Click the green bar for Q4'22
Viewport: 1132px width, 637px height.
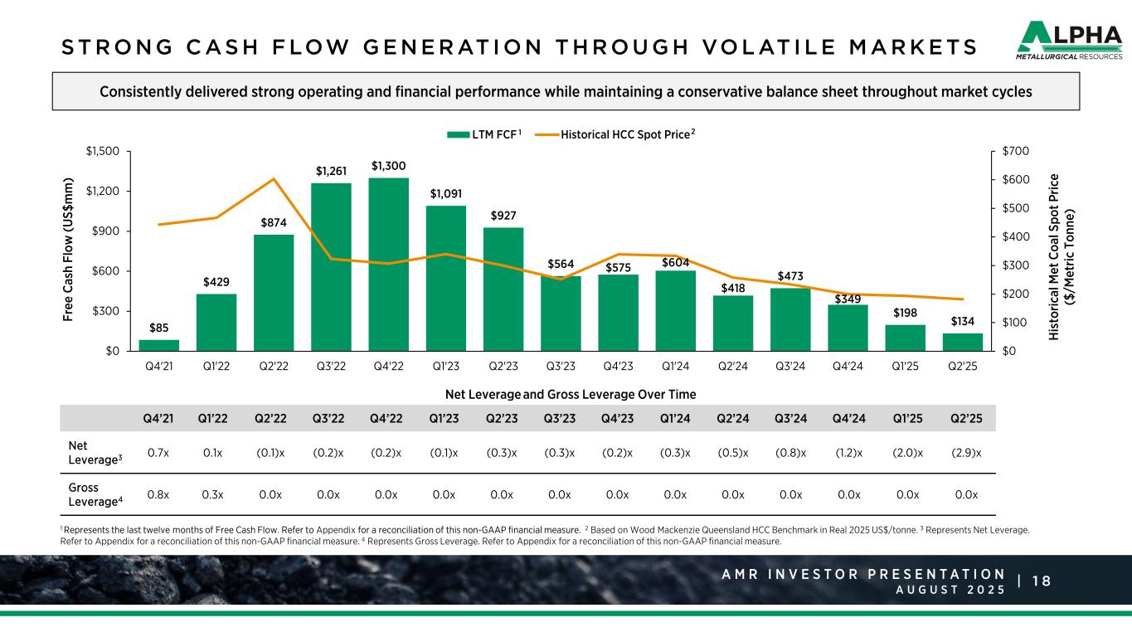click(389, 264)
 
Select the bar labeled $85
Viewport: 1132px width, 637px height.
click(158, 345)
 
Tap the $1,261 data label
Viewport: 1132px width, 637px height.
click(332, 171)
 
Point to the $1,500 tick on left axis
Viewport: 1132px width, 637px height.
click(103, 151)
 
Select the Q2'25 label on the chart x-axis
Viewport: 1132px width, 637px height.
click(963, 367)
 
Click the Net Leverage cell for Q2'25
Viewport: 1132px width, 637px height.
click(963, 452)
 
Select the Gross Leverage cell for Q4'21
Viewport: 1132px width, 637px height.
click(158, 495)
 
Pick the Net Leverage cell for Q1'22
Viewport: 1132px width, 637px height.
click(216, 452)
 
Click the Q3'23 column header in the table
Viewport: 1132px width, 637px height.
click(561, 419)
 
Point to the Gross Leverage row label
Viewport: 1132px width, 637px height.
click(91, 495)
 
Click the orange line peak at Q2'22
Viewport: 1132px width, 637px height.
click(274, 179)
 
